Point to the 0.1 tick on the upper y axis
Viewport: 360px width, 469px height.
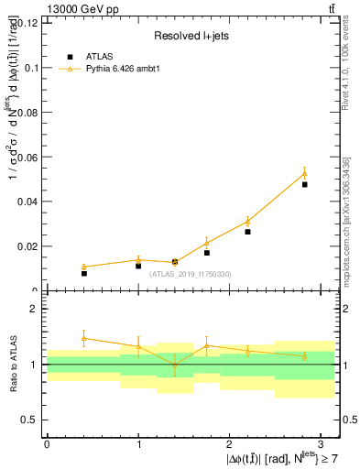click(29, 68)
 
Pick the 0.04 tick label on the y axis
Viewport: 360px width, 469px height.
click(27, 202)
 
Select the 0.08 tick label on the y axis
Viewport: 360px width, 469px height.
click(27, 113)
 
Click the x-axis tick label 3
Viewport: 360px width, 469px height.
click(321, 442)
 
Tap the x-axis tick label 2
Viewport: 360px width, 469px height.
click(229, 442)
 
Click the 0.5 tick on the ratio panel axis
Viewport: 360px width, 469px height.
click(30, 420)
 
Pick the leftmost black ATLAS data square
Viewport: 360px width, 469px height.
click(83, 273)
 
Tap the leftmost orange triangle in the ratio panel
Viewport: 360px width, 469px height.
click(83, 338)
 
